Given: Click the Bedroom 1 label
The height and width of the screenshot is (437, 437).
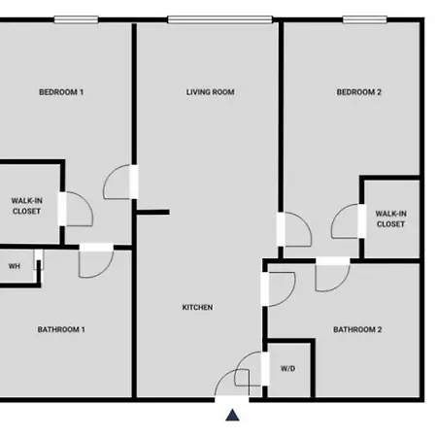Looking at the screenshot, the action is [x=61, y=92].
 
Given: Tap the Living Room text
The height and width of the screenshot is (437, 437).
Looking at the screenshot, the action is [x=210, y=92].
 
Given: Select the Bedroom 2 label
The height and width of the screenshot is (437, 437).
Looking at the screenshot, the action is [x=359, y=92].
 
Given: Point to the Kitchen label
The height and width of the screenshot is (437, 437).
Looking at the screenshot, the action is [x=197, y=307].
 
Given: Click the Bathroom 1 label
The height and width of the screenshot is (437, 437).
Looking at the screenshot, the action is [x=61, y=329].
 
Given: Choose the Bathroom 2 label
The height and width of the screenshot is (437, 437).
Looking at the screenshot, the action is [x=357, y=329].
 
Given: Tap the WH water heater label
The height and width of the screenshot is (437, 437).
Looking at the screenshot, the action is [x=15, y=266].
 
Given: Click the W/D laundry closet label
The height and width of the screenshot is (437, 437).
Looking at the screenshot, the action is [x=287, y=368].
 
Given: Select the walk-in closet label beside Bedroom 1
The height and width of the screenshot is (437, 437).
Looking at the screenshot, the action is [x=26, y=206].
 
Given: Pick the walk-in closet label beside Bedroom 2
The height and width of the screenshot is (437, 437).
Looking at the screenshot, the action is [x=390, y=218].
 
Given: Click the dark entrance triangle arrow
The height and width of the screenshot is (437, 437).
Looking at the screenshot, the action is [x=232, y=415].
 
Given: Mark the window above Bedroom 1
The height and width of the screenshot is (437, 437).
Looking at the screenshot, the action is [x=76, y=19].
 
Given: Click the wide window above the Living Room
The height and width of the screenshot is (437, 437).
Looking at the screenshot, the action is [x=220, y=19].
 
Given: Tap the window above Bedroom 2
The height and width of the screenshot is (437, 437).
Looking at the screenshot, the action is [x=365, y=19].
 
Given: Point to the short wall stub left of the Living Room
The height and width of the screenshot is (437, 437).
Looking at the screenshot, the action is [x=152, y=213].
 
